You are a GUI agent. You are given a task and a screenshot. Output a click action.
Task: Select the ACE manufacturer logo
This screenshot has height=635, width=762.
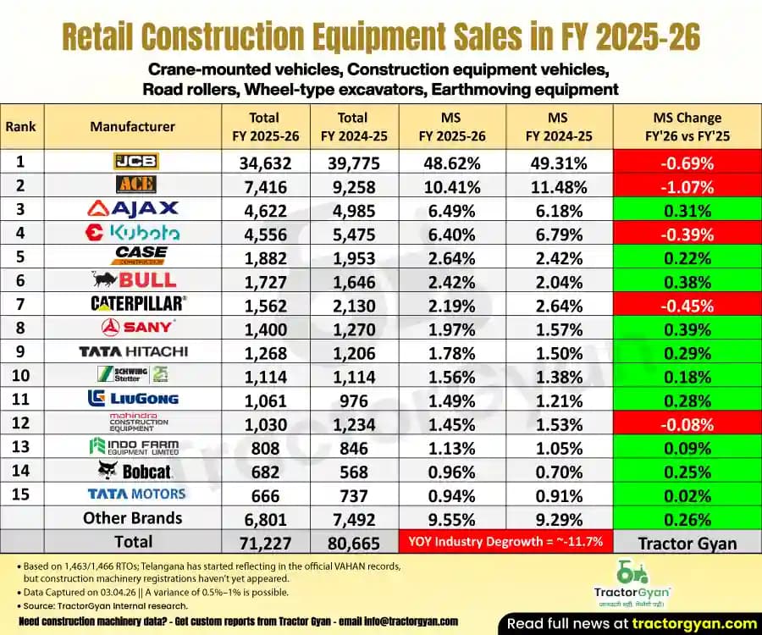tap(135, 185)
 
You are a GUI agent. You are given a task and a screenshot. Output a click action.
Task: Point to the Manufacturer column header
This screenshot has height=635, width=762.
tap(132, 126)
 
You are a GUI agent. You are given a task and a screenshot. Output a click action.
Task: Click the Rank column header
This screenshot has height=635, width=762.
tap(20, 126)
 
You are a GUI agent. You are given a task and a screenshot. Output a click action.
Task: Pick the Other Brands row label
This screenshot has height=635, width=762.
tap(132, 518)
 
